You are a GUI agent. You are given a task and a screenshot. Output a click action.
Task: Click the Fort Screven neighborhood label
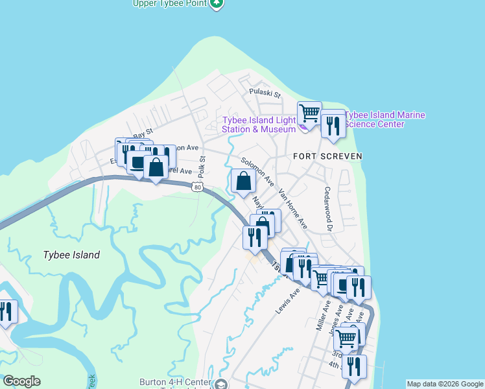click(327, 156)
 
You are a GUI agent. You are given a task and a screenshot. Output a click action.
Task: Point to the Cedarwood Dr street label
click(328, 209)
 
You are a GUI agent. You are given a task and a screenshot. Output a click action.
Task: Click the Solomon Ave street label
click(257, 170)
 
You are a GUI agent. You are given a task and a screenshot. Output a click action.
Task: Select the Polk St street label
click(202, 167)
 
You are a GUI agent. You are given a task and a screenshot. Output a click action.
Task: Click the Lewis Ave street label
click(287, 301)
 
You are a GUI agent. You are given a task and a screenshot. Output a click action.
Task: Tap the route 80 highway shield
click(198, 187)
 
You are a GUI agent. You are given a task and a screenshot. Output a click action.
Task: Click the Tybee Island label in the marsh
click(71, 255)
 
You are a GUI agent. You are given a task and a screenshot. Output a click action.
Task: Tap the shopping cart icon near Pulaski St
click(310, 114)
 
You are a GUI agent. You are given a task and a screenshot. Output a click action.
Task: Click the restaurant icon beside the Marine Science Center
click(333, 125)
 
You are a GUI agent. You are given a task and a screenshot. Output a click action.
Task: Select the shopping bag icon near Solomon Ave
click(243, 182)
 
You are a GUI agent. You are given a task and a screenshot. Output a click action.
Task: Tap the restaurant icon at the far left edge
click(6, 312)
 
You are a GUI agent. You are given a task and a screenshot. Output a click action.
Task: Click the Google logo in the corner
click(22, 381)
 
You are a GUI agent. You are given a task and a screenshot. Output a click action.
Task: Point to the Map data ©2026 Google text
click(445, 384)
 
